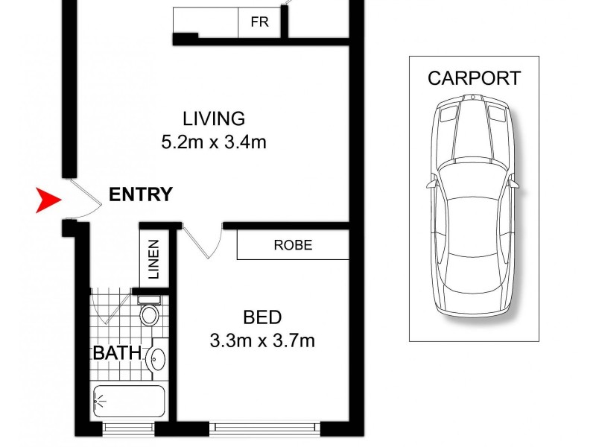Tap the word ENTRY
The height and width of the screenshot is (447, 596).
coord(141,195)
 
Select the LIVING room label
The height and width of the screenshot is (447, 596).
coord(214,118)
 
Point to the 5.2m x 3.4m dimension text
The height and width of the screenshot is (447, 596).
coord(214,141)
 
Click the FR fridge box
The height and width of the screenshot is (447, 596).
coord(259,22)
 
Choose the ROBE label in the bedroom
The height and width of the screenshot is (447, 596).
coord(293,244)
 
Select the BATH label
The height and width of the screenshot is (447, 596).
coord(117,352)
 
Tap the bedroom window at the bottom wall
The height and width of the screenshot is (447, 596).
coord(266,428)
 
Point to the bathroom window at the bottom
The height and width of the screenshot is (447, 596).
coord(129,428)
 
